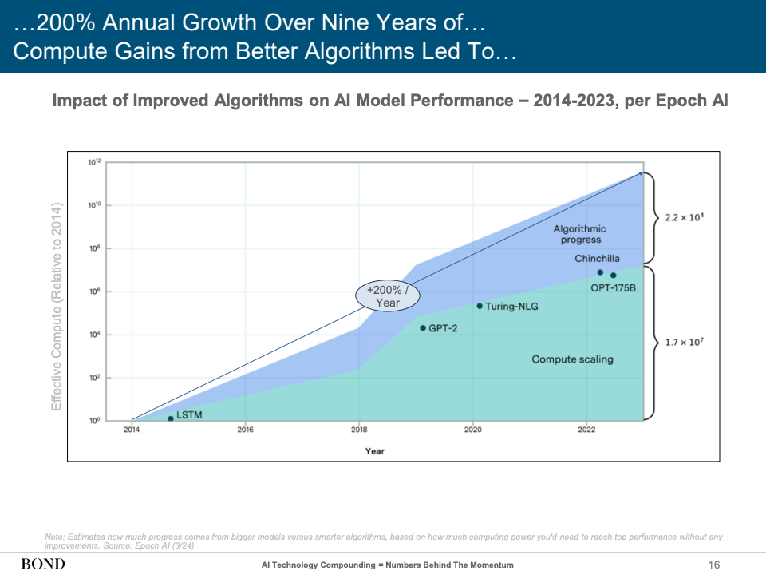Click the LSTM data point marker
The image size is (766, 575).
[x=171, y=418]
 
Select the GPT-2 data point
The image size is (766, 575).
[x=423, y=327]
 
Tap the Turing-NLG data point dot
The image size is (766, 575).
[x=480, y=306]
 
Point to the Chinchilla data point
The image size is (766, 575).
[x=600, y=272]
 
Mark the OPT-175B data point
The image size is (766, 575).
[x=614, y=276]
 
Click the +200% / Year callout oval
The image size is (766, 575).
[x=387, y=296]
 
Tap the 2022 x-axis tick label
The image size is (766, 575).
[x=586, y=430]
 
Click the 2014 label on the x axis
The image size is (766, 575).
[x=131, y=430]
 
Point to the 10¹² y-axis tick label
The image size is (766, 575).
[x=94, y=163]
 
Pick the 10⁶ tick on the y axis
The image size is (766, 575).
[x=94, y=292]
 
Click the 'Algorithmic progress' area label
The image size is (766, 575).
[x=580, y=234]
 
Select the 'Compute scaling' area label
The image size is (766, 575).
[x=572, y=359]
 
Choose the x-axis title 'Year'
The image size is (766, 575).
[x=374, y=451]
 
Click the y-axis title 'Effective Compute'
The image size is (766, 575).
[x=57, y=307]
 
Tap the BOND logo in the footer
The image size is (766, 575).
[x=43, y=565]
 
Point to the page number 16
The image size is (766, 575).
[x=714, y=565]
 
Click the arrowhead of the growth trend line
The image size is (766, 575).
[x=640, y=172]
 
